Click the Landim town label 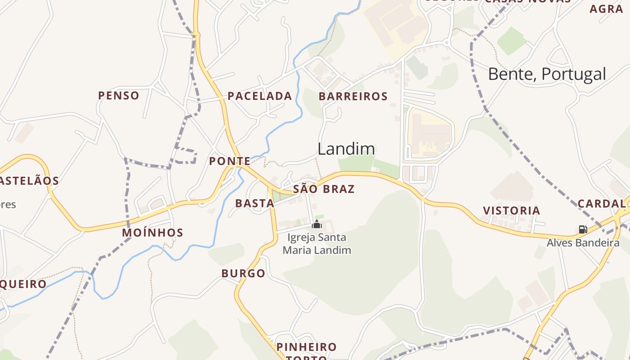coord(346,149)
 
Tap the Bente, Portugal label coord(547,74)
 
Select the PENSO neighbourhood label coord(119,95)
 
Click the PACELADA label coord(260,96)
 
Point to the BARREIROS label coord(353,96)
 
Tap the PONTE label coord(229,161)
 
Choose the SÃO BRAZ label coord(324,189)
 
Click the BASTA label coord(255,203)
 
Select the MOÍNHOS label coord(153,233)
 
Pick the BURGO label coord(243,274)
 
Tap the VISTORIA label coord(511,211)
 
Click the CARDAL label coord(601,203)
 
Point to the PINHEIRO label coord(306,347)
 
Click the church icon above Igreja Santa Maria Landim coord(317,224)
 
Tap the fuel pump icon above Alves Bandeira coord(583,229)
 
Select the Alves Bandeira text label coord(583,243)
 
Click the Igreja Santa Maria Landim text coord(317,243)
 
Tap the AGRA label coord(606,9)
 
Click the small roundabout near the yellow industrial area coord(446,43)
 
